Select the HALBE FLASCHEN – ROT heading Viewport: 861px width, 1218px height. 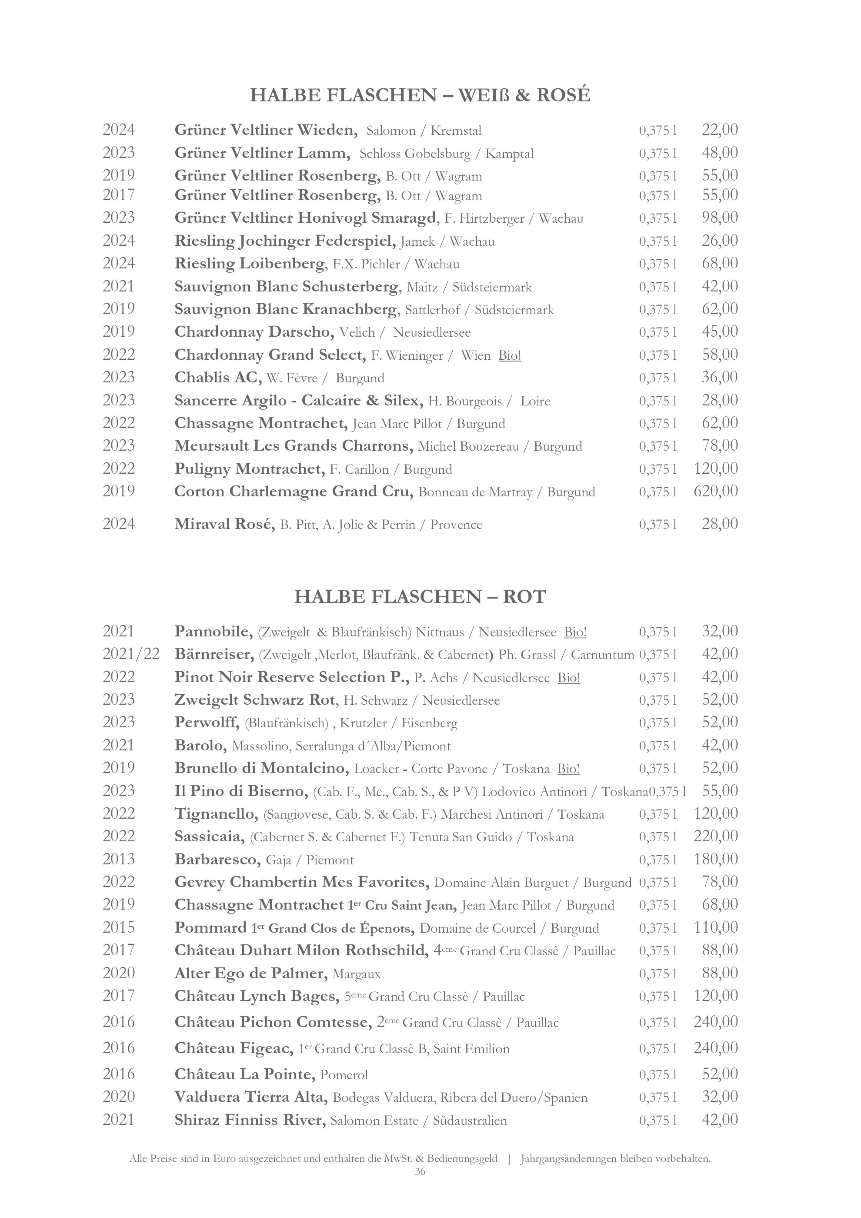pyautogui.click(x=420, y=597)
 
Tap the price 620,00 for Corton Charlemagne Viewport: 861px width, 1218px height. pyautogui.click(x=715, y=491)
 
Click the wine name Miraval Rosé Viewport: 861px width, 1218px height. pyautogui.click(x=225, y=524)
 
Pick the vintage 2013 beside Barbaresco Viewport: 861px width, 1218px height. pyautogui.click(x=119, y=859)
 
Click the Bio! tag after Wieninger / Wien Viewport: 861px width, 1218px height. pyautogui.click(x=510, y=355)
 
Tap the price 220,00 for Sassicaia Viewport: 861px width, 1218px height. pyautogui.click(x=715, y=836)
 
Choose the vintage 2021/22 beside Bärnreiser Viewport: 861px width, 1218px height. pyautogui.click(x=131, y=654)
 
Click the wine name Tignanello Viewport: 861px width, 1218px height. pyautogui.click(x=216, y=814)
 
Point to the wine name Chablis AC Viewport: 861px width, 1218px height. pyautogui.click(x=218, y=378)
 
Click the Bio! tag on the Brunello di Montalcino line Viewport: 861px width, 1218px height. pyautogui.click(x=568, y=769)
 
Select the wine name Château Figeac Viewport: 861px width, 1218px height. pyautogui.click(x=234, y=1048)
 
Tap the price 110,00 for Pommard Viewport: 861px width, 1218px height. pyautogui.click(x=715, y=927)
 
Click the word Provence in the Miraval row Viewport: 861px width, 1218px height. pyautogui.click(x=456, y=525)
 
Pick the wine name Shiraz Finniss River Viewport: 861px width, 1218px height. pyautogui.click(x=250, y=1120)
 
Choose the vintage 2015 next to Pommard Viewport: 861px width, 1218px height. pyautogui.click(x=119, y=927)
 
